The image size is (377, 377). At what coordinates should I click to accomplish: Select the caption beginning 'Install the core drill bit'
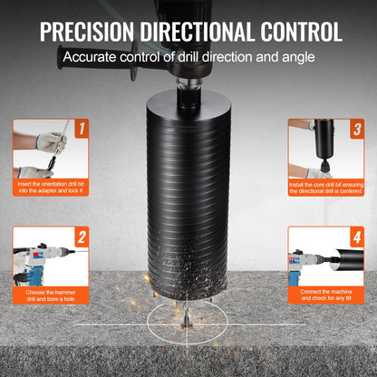325,188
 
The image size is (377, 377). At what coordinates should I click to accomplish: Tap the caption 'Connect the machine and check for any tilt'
325,295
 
